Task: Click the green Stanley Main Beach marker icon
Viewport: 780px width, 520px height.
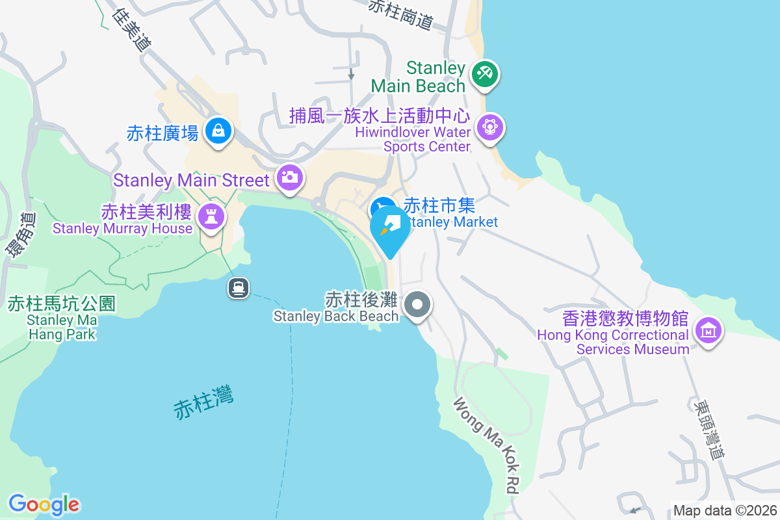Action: pyautogui.click(x=484, y=73)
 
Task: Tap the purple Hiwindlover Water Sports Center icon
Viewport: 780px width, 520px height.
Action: pyautogui.click(x=489, y=127)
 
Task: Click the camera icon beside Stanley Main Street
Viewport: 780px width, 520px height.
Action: pyautogui.click(x=289, y=177)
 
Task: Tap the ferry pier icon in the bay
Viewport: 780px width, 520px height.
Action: pyautogui.click(x=239, y=287)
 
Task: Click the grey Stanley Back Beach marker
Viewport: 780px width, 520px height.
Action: pyautogui.click(x=418, y=304)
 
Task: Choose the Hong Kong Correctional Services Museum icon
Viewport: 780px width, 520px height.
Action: pyautogui.click(x=708, y=330)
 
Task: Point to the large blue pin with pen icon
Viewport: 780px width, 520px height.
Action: pyautogui.click(x=390, y=228)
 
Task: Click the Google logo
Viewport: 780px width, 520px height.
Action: pyautogui.click(x=44, y=504)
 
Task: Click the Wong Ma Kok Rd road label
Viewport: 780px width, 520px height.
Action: pyautogui.click(x=487, y=445)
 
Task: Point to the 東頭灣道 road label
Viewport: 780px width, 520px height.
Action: pyautogui.click(x=708, y=430)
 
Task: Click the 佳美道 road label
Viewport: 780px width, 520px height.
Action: pyautogui.click(x=132, y=30)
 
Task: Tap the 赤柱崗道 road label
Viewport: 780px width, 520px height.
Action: pyautogui.click(x=400, y=14)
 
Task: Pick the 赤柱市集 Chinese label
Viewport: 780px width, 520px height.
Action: pyautogui.click(x=439, y=205)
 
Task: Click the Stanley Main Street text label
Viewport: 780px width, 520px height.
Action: pyautogui.click(x=191, y=180)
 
